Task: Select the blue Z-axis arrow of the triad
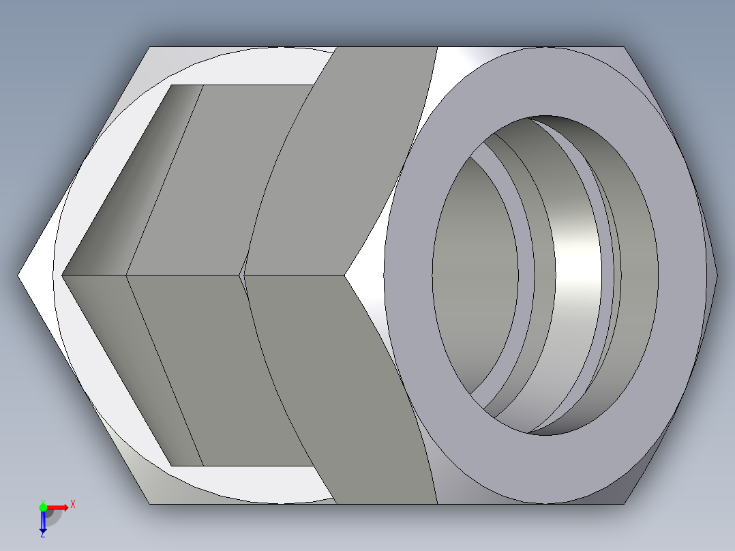point(43,522)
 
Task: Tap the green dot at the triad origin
point(43,507)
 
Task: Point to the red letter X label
point(72,505)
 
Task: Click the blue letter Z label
point(42,535)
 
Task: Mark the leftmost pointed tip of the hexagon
point(18,275)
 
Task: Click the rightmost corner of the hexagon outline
point(717,275)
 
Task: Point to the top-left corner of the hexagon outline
point(149,47)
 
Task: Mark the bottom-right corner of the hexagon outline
point(625,504)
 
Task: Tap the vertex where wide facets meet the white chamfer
point(345,275)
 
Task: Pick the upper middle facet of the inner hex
point(218,177)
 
